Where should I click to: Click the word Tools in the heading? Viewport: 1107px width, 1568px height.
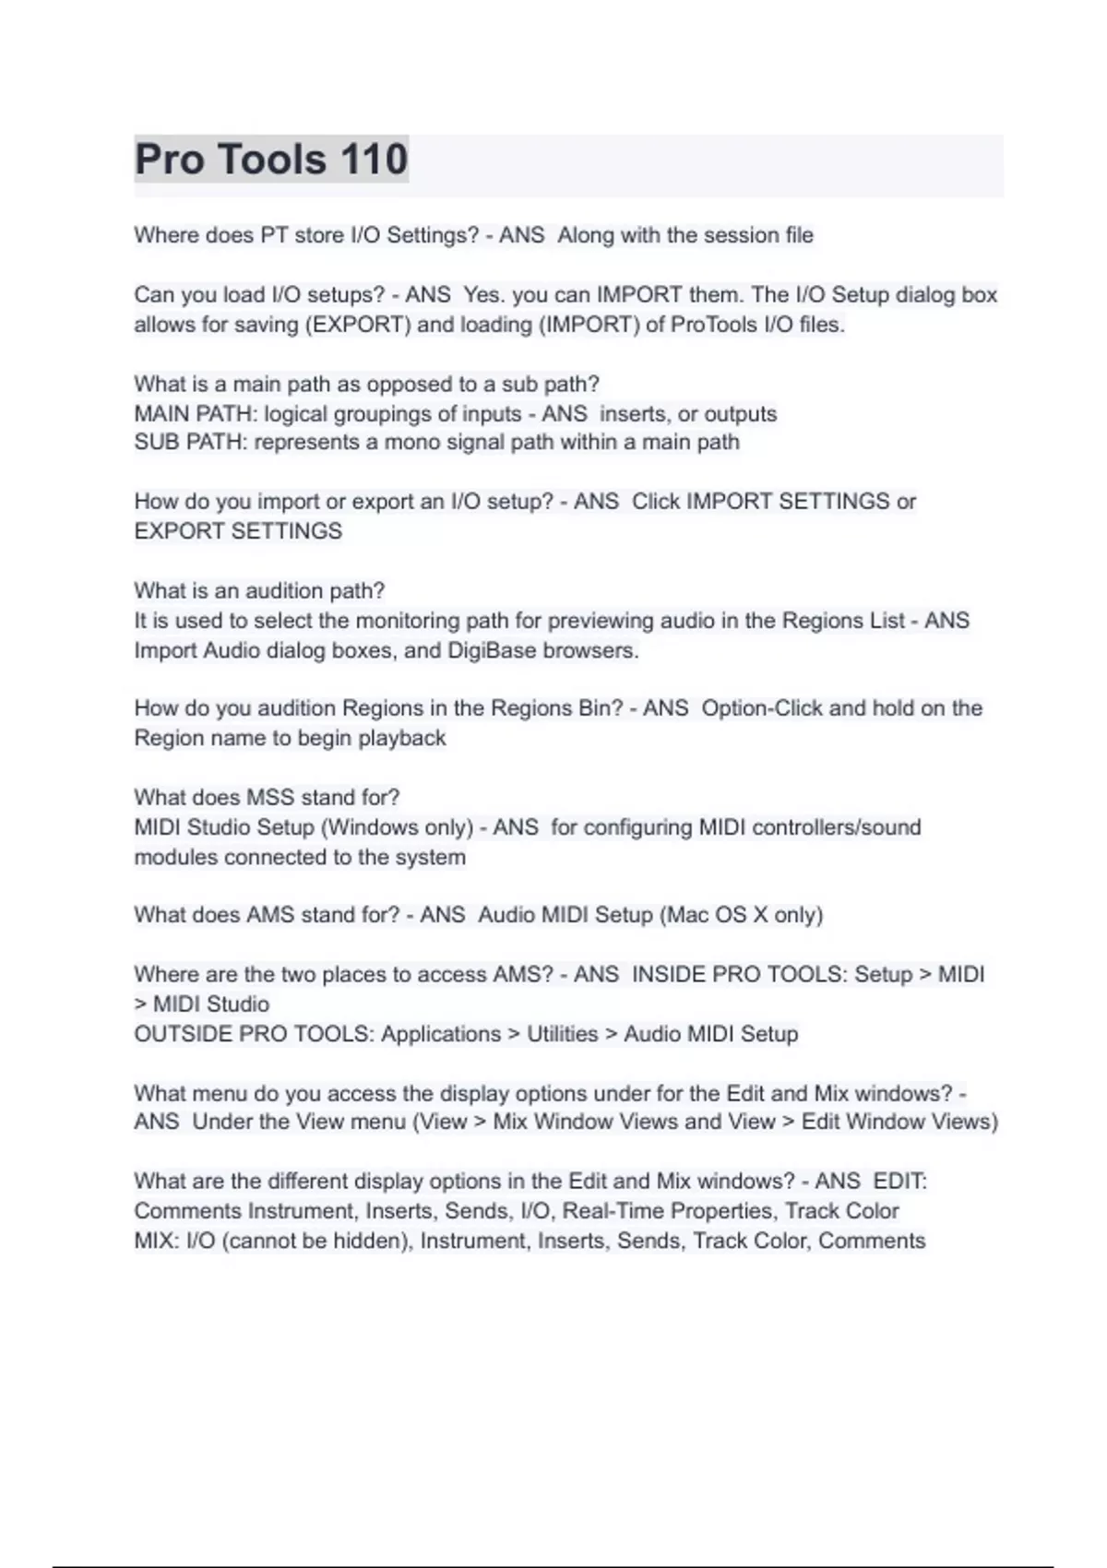point(271,160)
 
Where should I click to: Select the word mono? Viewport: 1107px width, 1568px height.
point(412,443)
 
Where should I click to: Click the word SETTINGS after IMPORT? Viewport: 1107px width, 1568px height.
point(834,502)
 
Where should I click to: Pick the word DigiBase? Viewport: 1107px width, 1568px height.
point(492,651)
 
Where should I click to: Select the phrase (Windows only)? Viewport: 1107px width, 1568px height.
point(397,827)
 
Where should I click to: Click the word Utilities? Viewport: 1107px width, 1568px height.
point(562,1034)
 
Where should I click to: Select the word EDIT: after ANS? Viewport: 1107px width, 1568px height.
point(899,1182)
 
